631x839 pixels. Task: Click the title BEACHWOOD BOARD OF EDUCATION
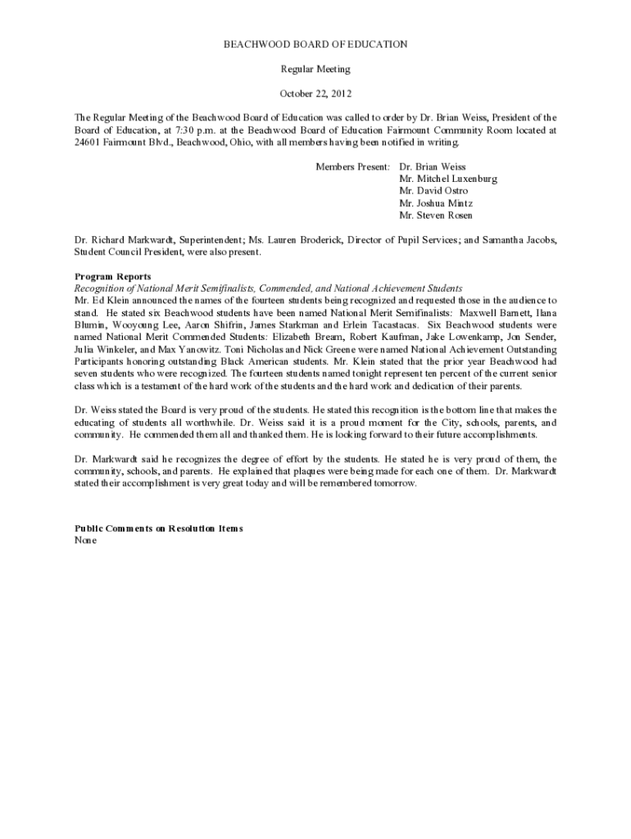315,43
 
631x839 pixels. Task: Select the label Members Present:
353,166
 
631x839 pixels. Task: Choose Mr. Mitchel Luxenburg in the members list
447,179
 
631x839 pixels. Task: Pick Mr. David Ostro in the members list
434,191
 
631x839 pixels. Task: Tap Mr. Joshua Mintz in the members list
435,203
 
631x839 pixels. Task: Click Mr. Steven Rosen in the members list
435,215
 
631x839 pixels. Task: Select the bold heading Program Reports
112,277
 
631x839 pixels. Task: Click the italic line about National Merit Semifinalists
268,288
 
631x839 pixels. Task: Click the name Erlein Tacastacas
374,324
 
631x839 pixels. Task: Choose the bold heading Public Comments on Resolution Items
158,528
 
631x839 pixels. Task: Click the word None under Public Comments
85,541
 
